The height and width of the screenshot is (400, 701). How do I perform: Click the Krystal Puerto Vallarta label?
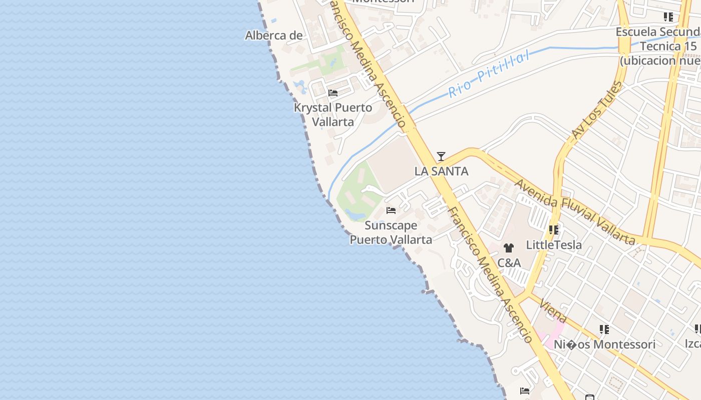point(333,114)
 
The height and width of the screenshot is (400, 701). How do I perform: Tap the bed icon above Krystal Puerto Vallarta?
point(333,93)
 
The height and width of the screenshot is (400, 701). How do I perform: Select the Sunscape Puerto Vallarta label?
point(391,232)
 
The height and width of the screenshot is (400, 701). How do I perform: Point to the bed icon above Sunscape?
point(391,210)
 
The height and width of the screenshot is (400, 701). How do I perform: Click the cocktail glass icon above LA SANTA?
point(441,156)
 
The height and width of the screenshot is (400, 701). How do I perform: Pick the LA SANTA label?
point(441,171)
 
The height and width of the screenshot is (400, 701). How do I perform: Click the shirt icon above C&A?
point(509,248)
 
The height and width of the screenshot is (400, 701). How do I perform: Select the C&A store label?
point(509,263)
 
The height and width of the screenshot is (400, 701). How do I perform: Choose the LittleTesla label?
point(554,245)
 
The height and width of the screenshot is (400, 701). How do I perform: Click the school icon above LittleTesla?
point(553,230)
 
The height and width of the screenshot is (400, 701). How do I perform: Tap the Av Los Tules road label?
point(596,109)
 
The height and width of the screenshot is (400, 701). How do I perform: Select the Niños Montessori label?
point(604,344)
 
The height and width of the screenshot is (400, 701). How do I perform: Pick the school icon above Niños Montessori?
point(604,329)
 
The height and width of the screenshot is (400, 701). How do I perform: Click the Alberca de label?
point(274,35)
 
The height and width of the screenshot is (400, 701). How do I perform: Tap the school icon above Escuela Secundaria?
point(668,17)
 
